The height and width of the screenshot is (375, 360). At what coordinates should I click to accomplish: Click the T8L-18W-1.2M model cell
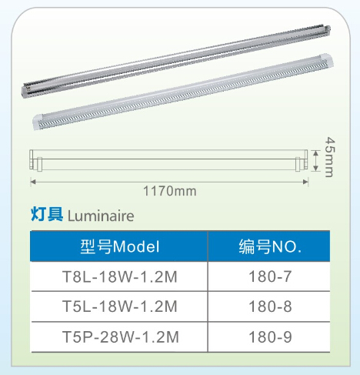119,276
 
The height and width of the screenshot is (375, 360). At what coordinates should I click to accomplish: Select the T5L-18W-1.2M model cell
119,306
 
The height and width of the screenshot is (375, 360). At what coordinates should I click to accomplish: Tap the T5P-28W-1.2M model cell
119,336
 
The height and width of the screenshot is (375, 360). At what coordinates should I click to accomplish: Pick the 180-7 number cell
269,276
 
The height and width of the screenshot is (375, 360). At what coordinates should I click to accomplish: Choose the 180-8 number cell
269,306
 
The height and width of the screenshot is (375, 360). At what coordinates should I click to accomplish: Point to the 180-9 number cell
269,336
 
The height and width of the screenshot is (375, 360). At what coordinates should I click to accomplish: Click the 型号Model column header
119,246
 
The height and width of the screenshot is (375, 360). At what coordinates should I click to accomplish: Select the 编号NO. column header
269,246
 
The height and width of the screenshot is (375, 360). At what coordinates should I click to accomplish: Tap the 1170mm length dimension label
169,191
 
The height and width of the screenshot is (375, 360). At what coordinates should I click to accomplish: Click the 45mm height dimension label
330,157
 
